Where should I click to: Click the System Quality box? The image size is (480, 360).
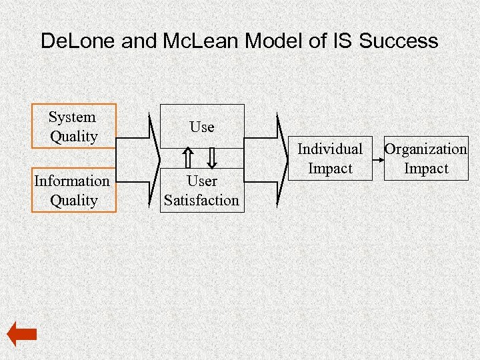74,126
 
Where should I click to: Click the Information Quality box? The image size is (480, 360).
74,190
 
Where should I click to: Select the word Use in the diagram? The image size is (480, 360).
202,127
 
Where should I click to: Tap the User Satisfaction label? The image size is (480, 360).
202,190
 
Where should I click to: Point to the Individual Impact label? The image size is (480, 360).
330,158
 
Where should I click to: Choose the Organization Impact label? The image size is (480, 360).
426,158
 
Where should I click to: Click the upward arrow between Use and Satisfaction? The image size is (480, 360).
189,159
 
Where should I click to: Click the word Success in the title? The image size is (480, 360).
399,41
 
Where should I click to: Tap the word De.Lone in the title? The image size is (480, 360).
79,41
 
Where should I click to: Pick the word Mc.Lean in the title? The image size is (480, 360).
202,41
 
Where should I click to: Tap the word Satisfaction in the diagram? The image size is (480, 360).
202,200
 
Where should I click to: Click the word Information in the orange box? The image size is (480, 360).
72,181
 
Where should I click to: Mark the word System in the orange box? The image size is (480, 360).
72,117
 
